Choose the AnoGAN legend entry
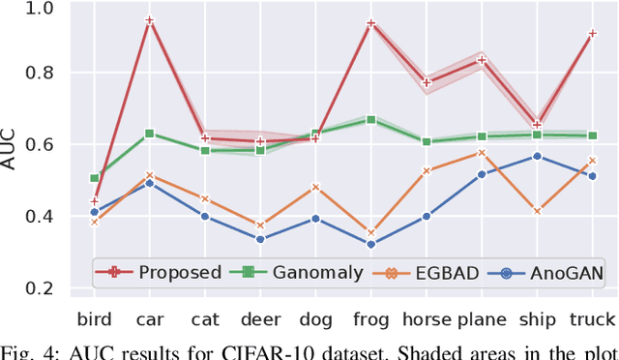(546, 273)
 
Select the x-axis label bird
(94, 319)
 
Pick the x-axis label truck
(592, 319)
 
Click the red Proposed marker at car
(150, 20)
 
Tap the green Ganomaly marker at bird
(94, 178)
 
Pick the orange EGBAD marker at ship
(537, 210)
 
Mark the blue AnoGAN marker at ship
(537, 156)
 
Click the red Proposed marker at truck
(592, 34)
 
